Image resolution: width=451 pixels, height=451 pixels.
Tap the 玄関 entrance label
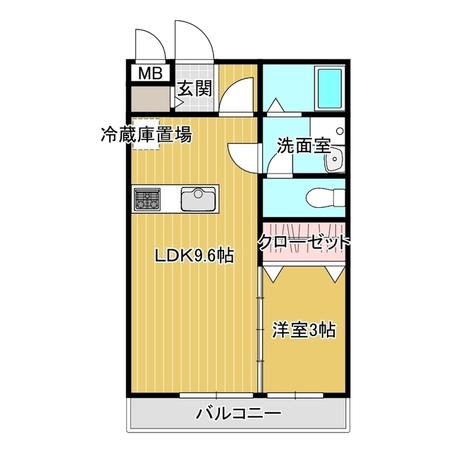coord(194,89)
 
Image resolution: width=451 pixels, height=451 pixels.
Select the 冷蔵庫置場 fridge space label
coord(146,134)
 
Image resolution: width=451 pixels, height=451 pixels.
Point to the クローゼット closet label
coord(304,242)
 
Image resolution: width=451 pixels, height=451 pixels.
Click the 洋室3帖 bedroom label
coord(304,329)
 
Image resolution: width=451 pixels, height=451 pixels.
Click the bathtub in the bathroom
coord(329,89)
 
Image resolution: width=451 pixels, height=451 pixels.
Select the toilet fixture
coord(325,197)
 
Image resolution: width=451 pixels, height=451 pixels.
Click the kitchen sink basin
coord(199,198)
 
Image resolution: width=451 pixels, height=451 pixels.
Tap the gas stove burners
coord(147,198)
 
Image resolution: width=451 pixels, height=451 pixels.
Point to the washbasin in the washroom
coord(333,159)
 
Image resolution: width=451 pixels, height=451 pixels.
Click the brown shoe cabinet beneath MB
coord(151,97)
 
